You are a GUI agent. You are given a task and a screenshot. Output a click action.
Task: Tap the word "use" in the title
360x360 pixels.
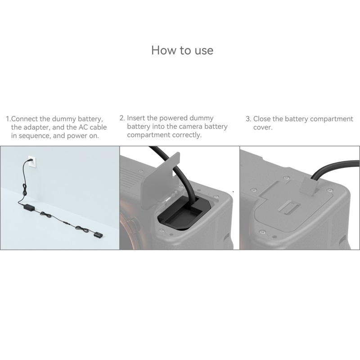[x=204, y=51]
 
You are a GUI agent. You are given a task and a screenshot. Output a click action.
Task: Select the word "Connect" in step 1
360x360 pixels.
[x=24, y=119]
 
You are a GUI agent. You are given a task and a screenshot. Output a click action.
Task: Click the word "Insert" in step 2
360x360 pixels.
[x=136, y=118]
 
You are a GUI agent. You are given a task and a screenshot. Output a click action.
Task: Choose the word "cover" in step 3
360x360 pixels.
[x=263, y=128]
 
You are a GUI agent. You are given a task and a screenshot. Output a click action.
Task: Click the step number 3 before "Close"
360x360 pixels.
[x=248, y=119]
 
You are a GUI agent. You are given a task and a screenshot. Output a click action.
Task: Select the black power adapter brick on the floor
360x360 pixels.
[x=29, y=207]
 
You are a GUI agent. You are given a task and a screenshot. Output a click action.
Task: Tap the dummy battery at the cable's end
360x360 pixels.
[x=98, y=235]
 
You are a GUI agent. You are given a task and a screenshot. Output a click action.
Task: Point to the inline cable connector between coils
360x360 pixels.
[x=67, y=223]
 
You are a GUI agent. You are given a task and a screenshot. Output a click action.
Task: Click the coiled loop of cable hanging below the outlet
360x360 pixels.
[x=25, y=190]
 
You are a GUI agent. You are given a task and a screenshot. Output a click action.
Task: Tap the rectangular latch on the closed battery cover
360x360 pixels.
[x=288, y=207]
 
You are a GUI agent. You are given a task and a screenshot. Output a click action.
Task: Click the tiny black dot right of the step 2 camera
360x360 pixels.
[x=233, y=192]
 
